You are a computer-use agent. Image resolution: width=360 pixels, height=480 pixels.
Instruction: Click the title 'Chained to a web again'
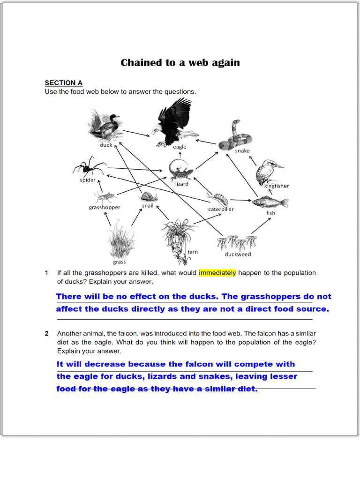180,63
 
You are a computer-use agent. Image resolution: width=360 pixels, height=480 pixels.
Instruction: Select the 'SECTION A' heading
63,83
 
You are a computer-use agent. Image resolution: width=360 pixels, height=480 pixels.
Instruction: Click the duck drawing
105,126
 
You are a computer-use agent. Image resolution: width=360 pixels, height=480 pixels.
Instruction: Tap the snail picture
149,197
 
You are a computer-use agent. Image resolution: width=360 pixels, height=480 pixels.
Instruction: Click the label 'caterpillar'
221,209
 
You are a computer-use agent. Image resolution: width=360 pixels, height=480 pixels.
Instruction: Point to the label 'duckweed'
238,255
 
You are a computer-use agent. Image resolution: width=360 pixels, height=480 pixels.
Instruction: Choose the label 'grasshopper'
105,207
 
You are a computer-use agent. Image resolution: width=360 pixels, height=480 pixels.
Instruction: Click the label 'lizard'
182,184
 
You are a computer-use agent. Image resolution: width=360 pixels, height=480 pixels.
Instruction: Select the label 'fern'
193,252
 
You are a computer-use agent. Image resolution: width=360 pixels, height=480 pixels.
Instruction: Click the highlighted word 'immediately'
217,273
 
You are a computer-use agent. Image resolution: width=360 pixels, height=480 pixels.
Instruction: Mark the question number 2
47,334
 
